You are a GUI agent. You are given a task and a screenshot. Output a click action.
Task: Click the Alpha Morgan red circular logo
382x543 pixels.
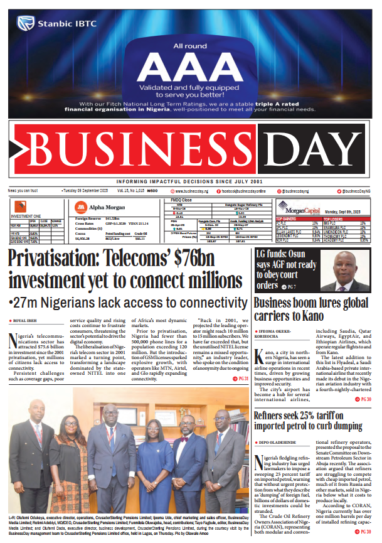click(81, 208)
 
